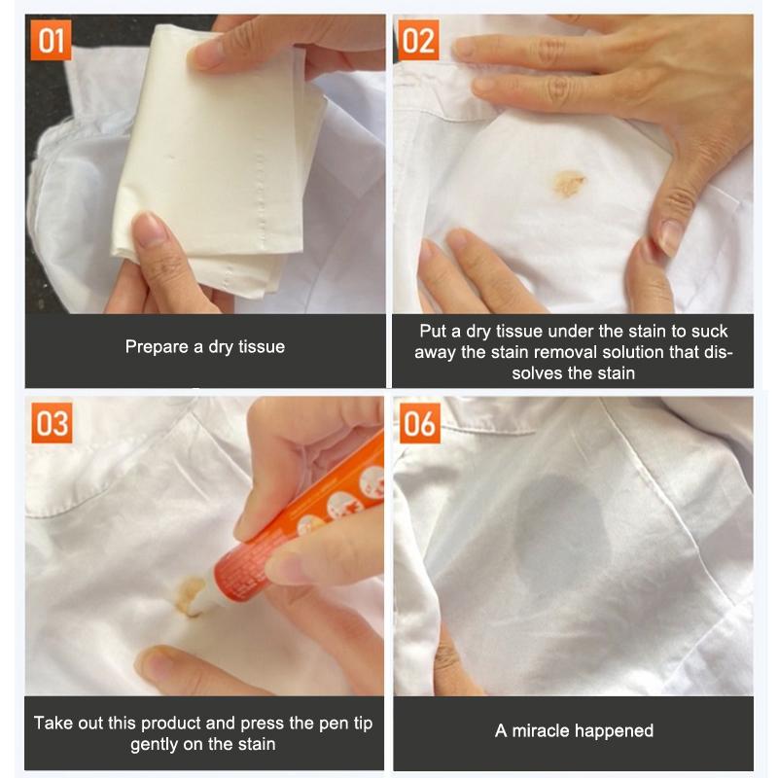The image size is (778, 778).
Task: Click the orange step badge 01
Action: pyautogui.click(x=52, y=40)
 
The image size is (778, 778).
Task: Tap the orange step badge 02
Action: pyautogui.click(x=418, y=40)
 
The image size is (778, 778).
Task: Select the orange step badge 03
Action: pyautogui.click(x=52, y=423)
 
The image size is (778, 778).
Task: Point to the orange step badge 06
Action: pyautogui.click(x=420, y=423)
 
